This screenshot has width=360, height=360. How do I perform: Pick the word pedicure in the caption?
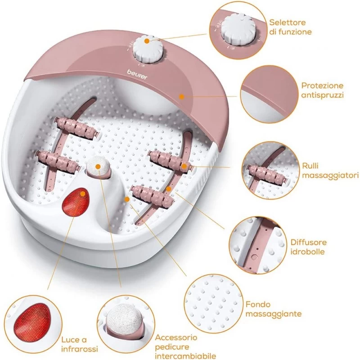pos(171,346)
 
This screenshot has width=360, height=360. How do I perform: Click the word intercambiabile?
pos(183,355)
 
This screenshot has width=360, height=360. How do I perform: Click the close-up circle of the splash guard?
pos(265,96)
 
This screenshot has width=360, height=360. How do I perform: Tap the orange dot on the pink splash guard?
pos(180,95)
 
